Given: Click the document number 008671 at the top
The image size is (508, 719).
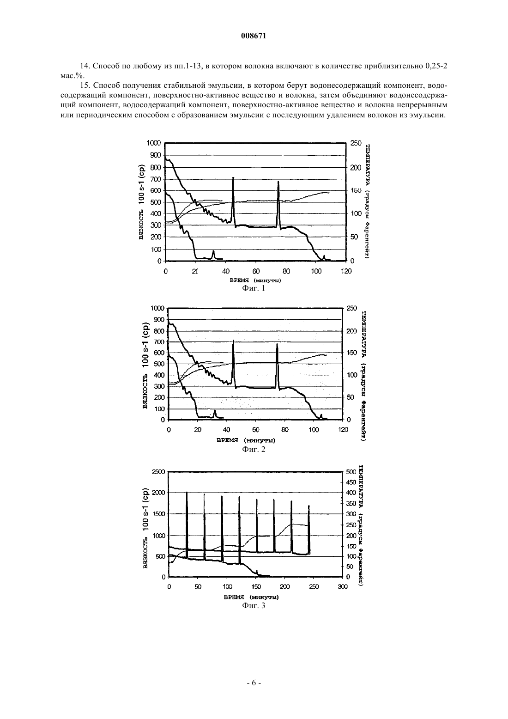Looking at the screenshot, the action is (254, 36).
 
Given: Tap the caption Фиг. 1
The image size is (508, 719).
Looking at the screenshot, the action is (254, 288).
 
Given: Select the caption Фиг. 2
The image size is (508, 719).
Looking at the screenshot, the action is (254, 449).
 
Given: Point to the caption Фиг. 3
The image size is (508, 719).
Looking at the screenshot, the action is (254, 606).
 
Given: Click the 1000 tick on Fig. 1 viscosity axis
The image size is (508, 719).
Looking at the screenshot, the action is (154, 143).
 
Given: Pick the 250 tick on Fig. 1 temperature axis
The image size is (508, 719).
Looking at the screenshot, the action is (356, 143).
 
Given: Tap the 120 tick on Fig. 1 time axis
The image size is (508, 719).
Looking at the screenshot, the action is (346, 271).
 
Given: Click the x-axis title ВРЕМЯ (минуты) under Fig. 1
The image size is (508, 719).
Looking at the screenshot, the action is (255, 280).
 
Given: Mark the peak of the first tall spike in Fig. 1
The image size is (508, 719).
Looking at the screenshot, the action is (233, 177).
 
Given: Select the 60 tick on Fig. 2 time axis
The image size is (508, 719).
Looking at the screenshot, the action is (255, 430).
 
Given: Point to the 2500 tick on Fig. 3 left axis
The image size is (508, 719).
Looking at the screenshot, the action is (158, 472).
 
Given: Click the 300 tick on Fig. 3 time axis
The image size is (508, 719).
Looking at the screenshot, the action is (343, 587).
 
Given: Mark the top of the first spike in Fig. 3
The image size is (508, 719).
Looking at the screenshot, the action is (187, 492).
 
